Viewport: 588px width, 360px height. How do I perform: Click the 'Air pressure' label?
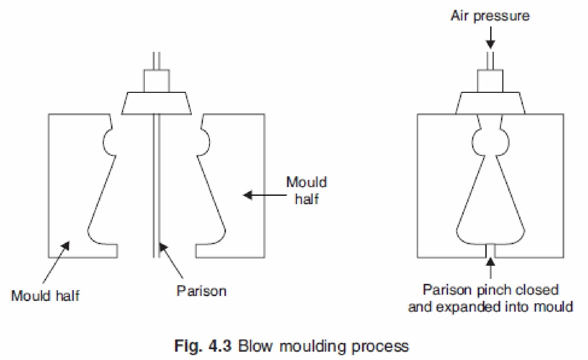click(x=490, y=16)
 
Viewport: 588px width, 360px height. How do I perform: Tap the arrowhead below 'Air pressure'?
click(x=490, y=44)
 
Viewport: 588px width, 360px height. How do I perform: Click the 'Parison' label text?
click(x=201, y=291)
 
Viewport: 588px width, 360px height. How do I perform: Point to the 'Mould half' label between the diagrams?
click(x=306, y=190)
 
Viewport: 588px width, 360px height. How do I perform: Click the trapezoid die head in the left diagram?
click(x=157, y=103)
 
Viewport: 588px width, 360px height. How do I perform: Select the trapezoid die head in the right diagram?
click(x=490, y=103)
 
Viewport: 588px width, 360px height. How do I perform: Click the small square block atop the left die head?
click(x=157, y=81)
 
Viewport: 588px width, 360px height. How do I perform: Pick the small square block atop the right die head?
click(x=490, y=81)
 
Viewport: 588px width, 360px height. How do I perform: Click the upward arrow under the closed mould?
click(x=490, y=268)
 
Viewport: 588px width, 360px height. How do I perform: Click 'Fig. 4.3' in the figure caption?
click(x=203, y=346)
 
